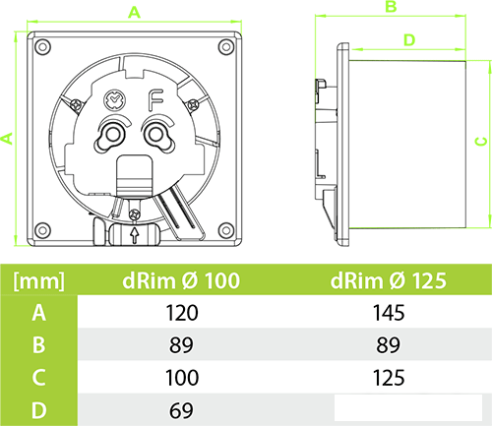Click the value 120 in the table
point(182,313)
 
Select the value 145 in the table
point(389,313)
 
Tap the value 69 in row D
point(181,410)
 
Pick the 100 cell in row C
point(182,378)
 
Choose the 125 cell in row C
point(389,378)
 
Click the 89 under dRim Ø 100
point(181,345)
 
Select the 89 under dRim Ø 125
point(388,345)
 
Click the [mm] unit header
point(39,281)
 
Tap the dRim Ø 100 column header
point(181,280)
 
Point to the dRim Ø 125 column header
point(389,280)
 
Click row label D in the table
point(39,410)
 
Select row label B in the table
point(38,345)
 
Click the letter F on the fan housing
point(155,100)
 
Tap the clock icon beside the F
point(115,100)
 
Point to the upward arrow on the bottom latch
point(134,235)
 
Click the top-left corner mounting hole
point(42,46)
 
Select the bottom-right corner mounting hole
point(226,230)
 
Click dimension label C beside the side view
point(481,142)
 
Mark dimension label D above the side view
point(409,40)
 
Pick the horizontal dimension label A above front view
point(134,13)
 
